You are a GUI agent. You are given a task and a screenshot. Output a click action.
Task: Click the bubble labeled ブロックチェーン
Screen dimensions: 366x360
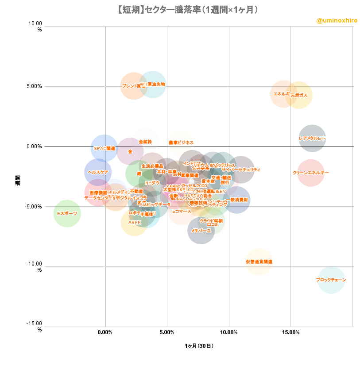point(331,280)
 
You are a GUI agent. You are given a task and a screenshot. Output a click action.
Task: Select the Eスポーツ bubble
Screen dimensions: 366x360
point(67,213)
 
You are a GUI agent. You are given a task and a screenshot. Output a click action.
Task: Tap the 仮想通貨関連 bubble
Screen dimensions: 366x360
point(259,262)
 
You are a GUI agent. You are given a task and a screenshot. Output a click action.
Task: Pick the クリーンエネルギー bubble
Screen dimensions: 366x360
point(311,173)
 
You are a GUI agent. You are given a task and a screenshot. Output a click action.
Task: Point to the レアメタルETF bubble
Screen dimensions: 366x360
point(312,138)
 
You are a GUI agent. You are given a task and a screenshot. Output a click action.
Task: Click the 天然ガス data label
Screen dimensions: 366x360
point(299,95)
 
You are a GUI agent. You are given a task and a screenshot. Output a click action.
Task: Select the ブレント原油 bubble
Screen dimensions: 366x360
point(134,86)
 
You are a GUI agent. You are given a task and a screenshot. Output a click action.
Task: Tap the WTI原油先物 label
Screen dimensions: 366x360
point(153,84)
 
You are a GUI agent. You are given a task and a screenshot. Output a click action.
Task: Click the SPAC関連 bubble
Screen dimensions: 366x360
point(105,148)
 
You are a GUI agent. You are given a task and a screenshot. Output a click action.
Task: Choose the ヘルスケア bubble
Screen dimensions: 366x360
point(98,172)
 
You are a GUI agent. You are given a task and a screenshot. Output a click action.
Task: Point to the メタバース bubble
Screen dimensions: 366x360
point(201,231)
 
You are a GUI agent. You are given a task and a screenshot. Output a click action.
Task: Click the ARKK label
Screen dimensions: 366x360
point(135,222)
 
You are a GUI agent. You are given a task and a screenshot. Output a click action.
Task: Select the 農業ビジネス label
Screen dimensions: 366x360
point(181,143)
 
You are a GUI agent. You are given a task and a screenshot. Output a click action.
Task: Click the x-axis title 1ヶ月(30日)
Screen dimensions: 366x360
point(199,346)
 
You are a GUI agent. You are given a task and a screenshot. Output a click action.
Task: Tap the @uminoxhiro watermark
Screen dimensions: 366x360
point(337,21)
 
